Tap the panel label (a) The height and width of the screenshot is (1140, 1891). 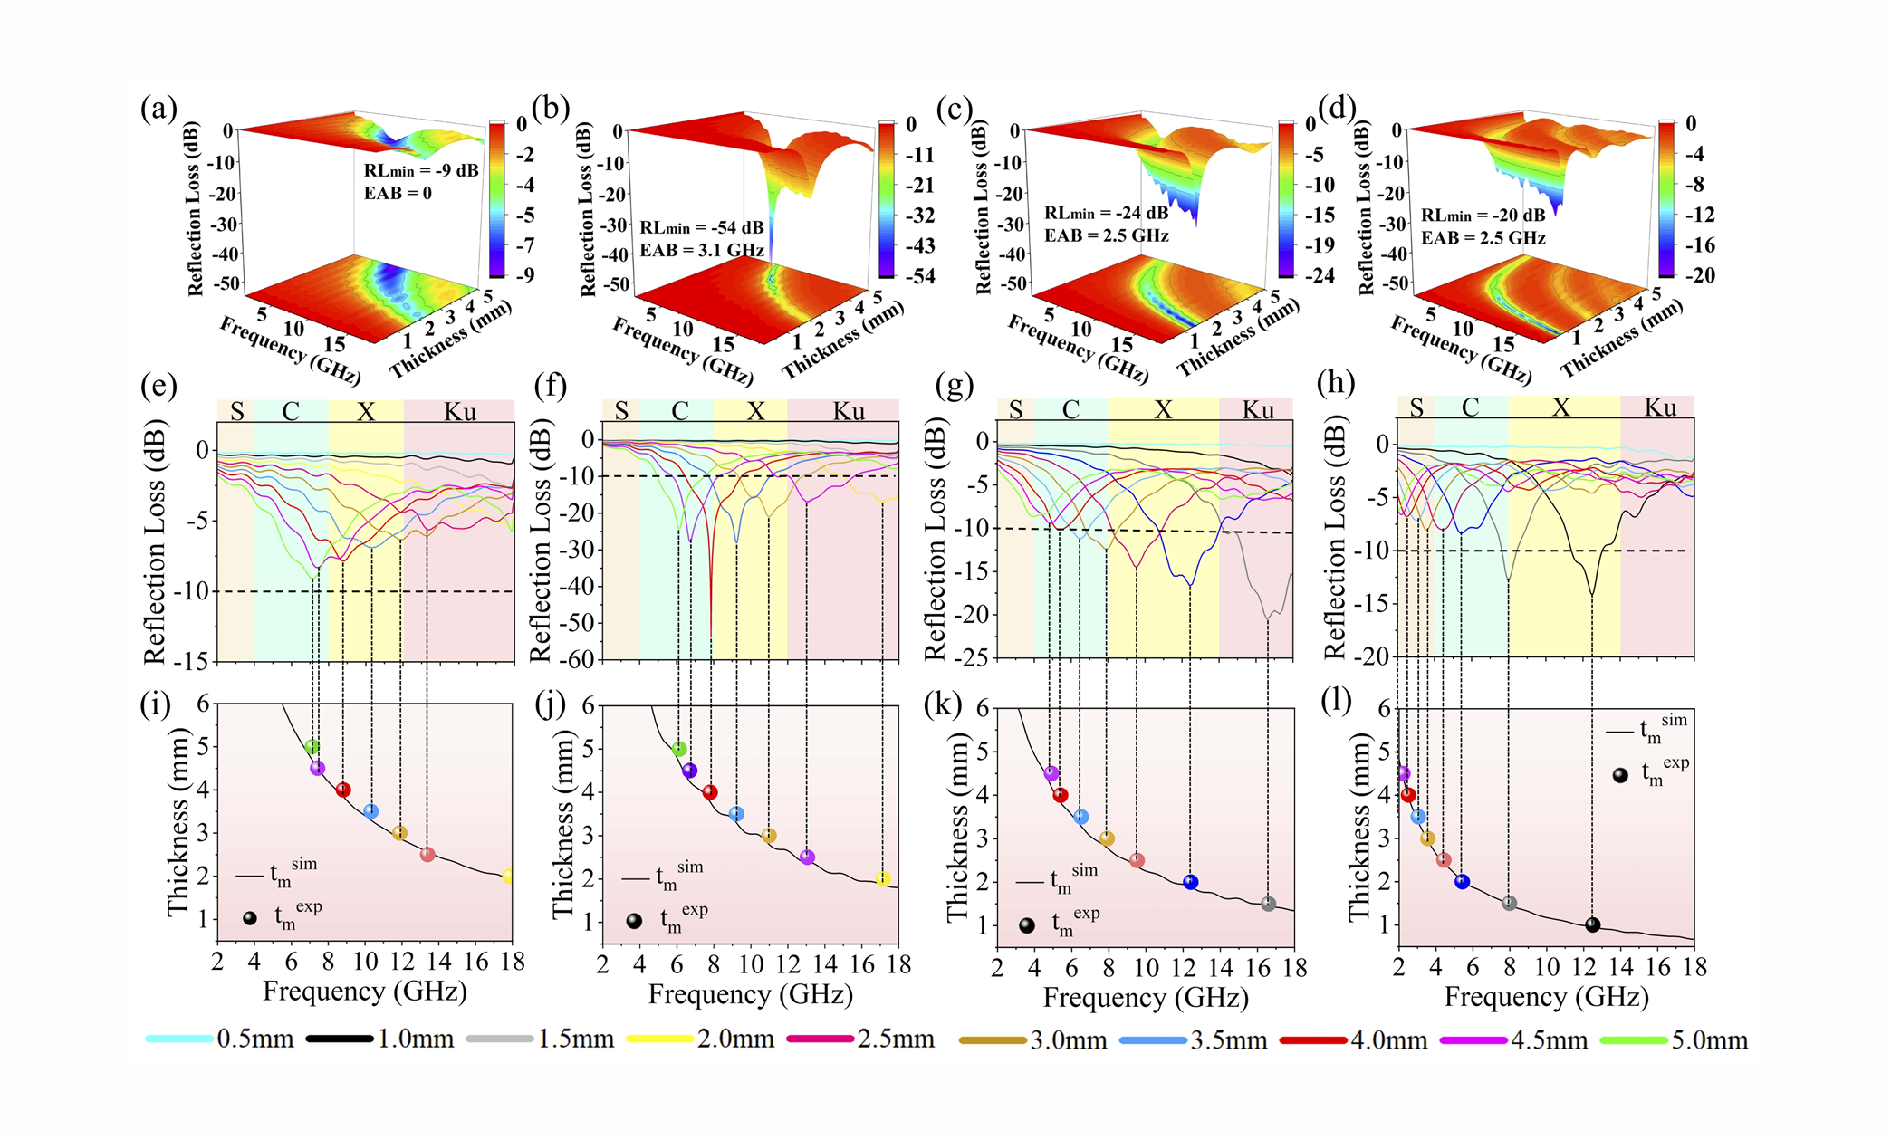tap(158, 109)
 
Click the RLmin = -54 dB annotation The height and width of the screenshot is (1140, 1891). tap(701, 227)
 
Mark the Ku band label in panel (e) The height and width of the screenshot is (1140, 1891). tap(460, 412)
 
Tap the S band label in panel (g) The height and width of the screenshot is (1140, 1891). tap(1015, 410)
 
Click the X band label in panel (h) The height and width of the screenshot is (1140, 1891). tap(1561, 407)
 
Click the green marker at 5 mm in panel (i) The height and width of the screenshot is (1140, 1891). tap(312, 747)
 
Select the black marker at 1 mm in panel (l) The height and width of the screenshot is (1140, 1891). tap(1592, 924)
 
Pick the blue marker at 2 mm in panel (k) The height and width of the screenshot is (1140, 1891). tap(1191, 882)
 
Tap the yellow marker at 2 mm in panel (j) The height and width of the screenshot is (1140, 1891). tap(883, 878)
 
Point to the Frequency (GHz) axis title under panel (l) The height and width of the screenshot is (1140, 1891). tap(1546, 997)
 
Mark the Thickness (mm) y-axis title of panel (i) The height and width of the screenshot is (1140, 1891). tap(178, 821)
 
